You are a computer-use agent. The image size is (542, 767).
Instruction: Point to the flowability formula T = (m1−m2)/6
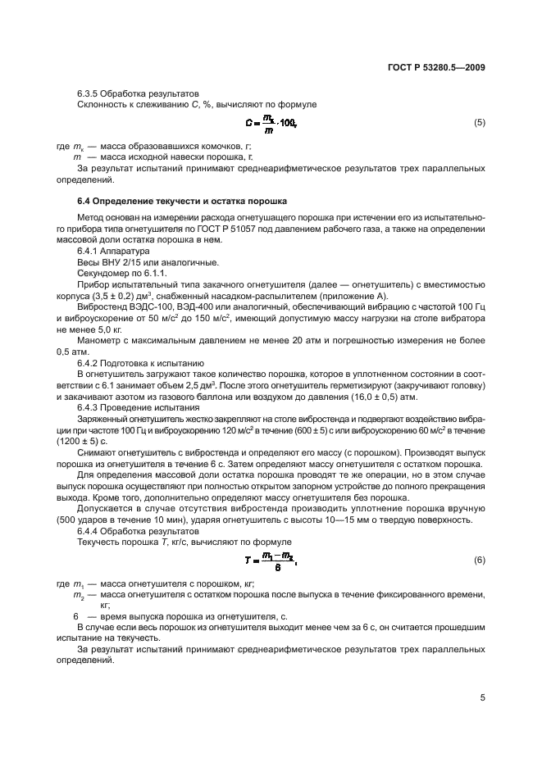point(271,560)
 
